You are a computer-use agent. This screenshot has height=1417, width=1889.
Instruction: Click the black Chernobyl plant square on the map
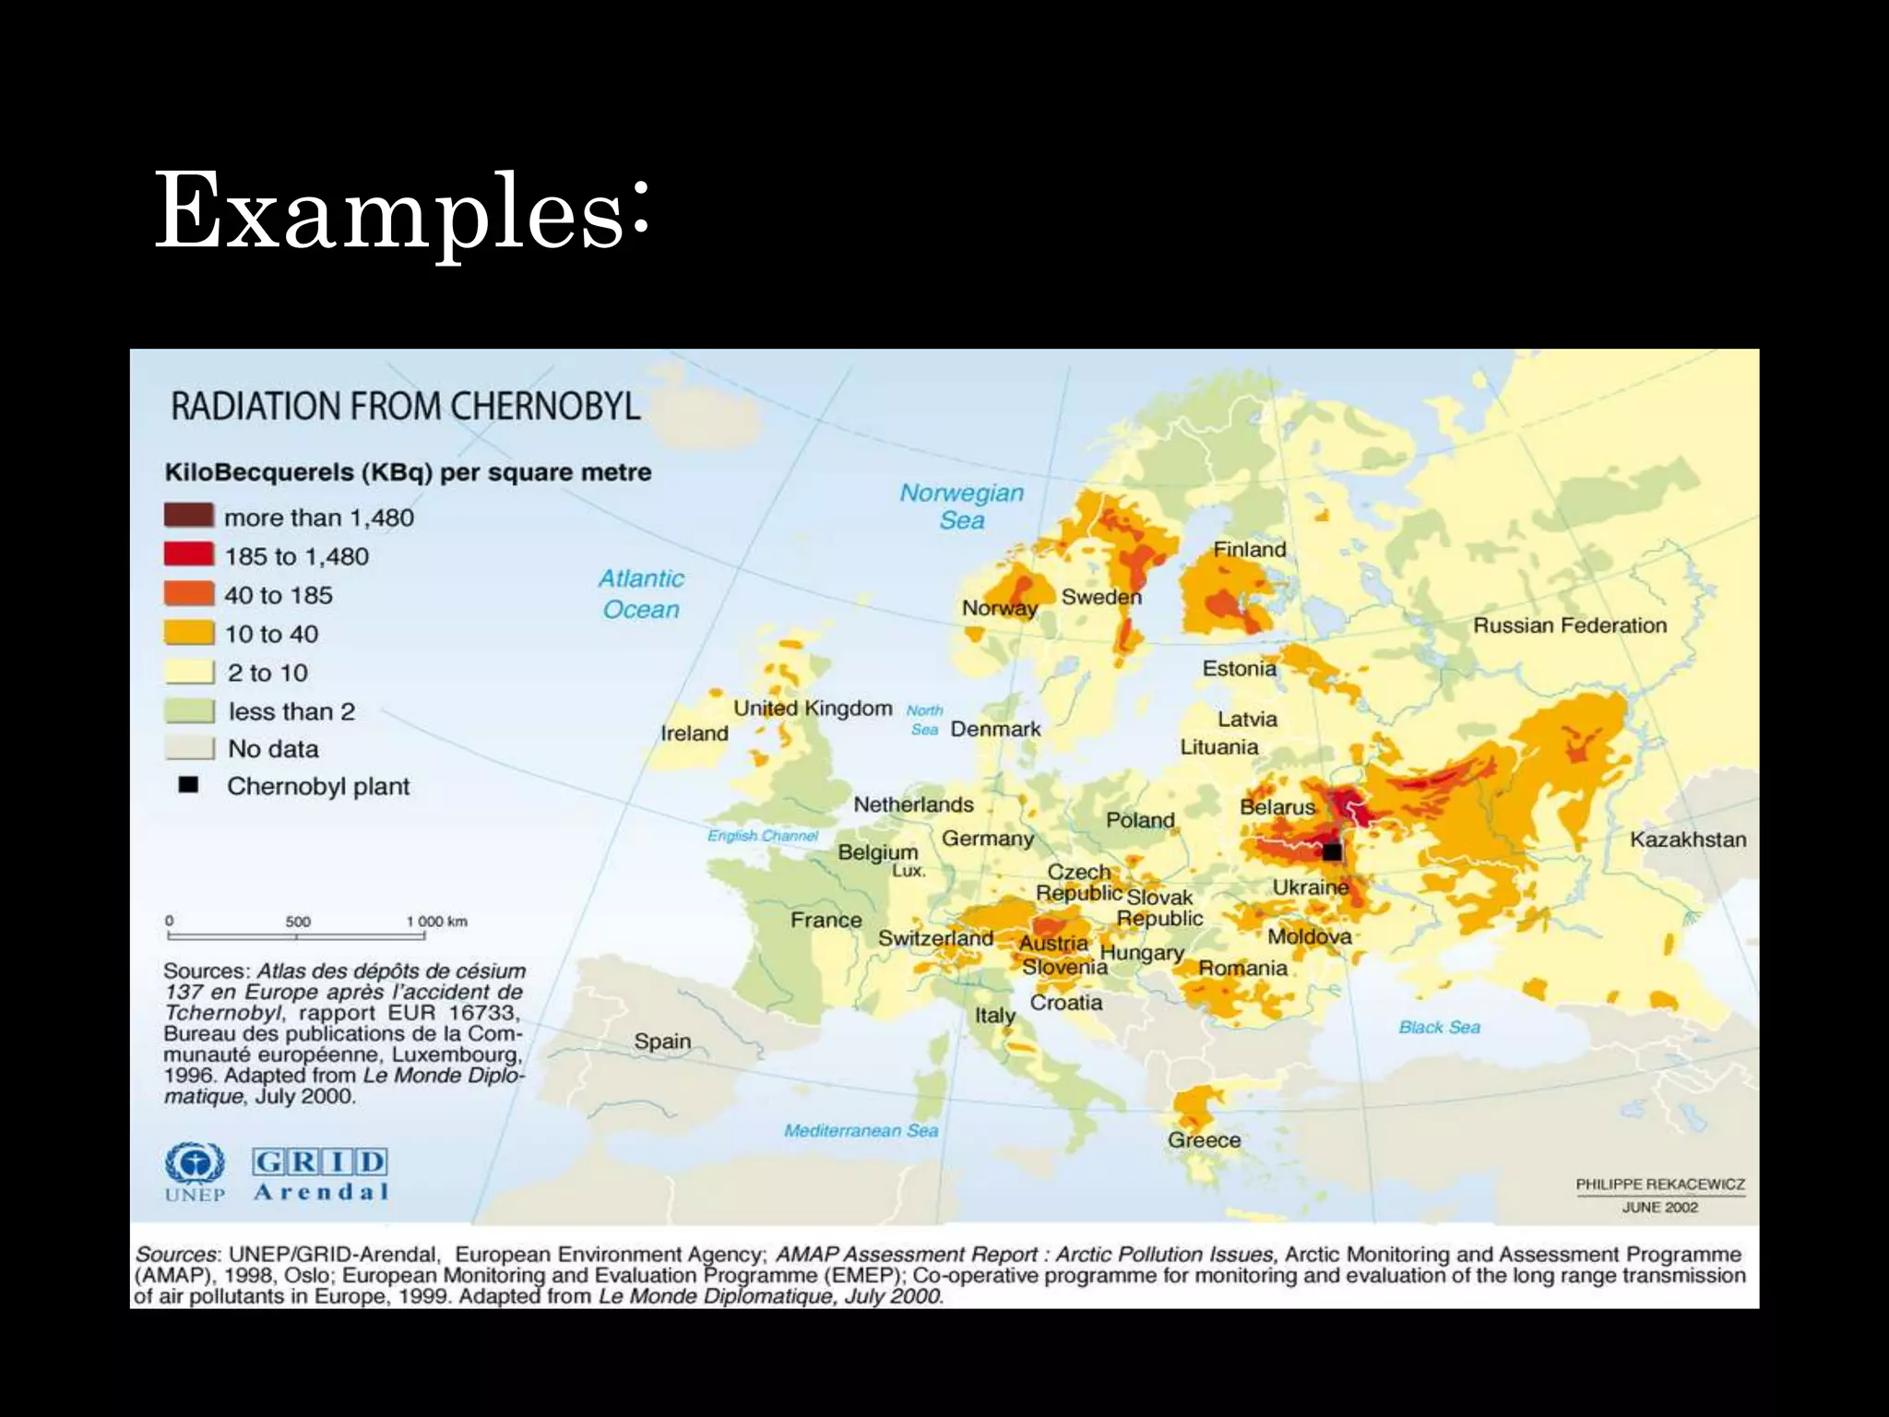point(1332,851)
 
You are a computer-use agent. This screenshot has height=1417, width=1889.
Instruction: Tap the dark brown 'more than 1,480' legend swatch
point(189,516)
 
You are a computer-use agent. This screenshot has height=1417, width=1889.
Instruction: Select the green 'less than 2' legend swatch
point(189,711)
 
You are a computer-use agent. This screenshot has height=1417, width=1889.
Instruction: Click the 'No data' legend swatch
point(189,748)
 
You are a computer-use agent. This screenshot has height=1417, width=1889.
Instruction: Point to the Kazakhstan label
point(1687,839)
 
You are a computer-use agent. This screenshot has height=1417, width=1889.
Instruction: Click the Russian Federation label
point(1569,625)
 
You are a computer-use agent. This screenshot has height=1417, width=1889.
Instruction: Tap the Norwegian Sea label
point(962,506)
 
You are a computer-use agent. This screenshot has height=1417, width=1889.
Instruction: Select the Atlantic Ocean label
point(641,594)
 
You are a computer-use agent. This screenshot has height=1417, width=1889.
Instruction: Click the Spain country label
point(662,1042)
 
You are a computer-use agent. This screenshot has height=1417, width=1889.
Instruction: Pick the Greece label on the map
point(1204,1140)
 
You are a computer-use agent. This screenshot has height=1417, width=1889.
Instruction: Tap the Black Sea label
point(1439,1028)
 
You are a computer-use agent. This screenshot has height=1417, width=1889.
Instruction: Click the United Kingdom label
point(813,708)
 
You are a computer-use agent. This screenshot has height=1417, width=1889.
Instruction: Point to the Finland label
point(1249,550)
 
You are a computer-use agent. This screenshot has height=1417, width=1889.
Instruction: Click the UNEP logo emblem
point(195,1165)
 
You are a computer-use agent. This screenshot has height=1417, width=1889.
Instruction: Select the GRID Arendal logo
point(320,1173)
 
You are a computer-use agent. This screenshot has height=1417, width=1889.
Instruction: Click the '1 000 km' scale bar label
point(436,922)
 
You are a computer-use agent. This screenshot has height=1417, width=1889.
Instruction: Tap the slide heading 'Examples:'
point(402,212)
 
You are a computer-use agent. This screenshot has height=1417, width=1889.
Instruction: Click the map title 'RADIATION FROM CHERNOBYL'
point(405,407)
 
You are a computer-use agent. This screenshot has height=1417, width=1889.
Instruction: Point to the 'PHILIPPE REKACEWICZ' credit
point(1659,1185)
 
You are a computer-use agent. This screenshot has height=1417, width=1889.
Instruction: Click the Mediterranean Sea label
point(861,1131)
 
